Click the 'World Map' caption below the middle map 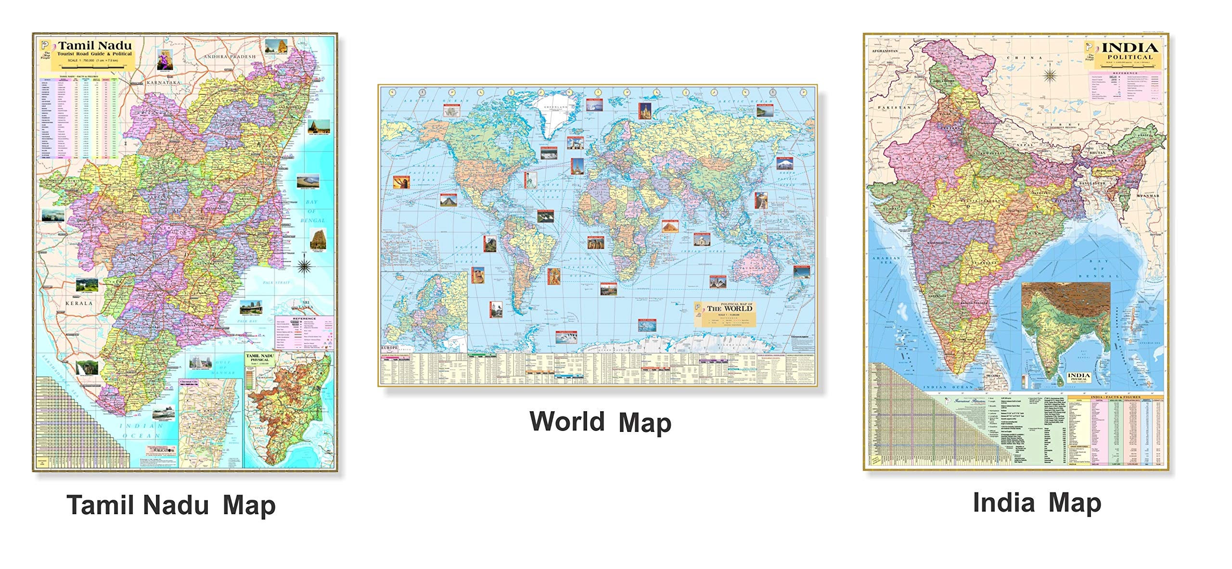tap(600, 422)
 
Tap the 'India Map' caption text tap(1037, 503)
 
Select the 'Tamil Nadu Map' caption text tap(171, 506)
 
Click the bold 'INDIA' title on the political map tap(1129, 48)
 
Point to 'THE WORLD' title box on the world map tap(729, 308)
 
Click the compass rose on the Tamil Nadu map tap(304, 265)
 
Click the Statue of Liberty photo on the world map tap(530, 179)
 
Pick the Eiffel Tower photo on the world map tap(577, 166)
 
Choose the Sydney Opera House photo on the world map tap(717, 282)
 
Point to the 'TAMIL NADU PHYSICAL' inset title tap(260, 357)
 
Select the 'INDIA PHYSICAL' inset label tap(1078, 377)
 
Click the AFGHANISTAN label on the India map tap(885, 51)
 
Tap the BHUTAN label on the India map tap(1093, 152)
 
